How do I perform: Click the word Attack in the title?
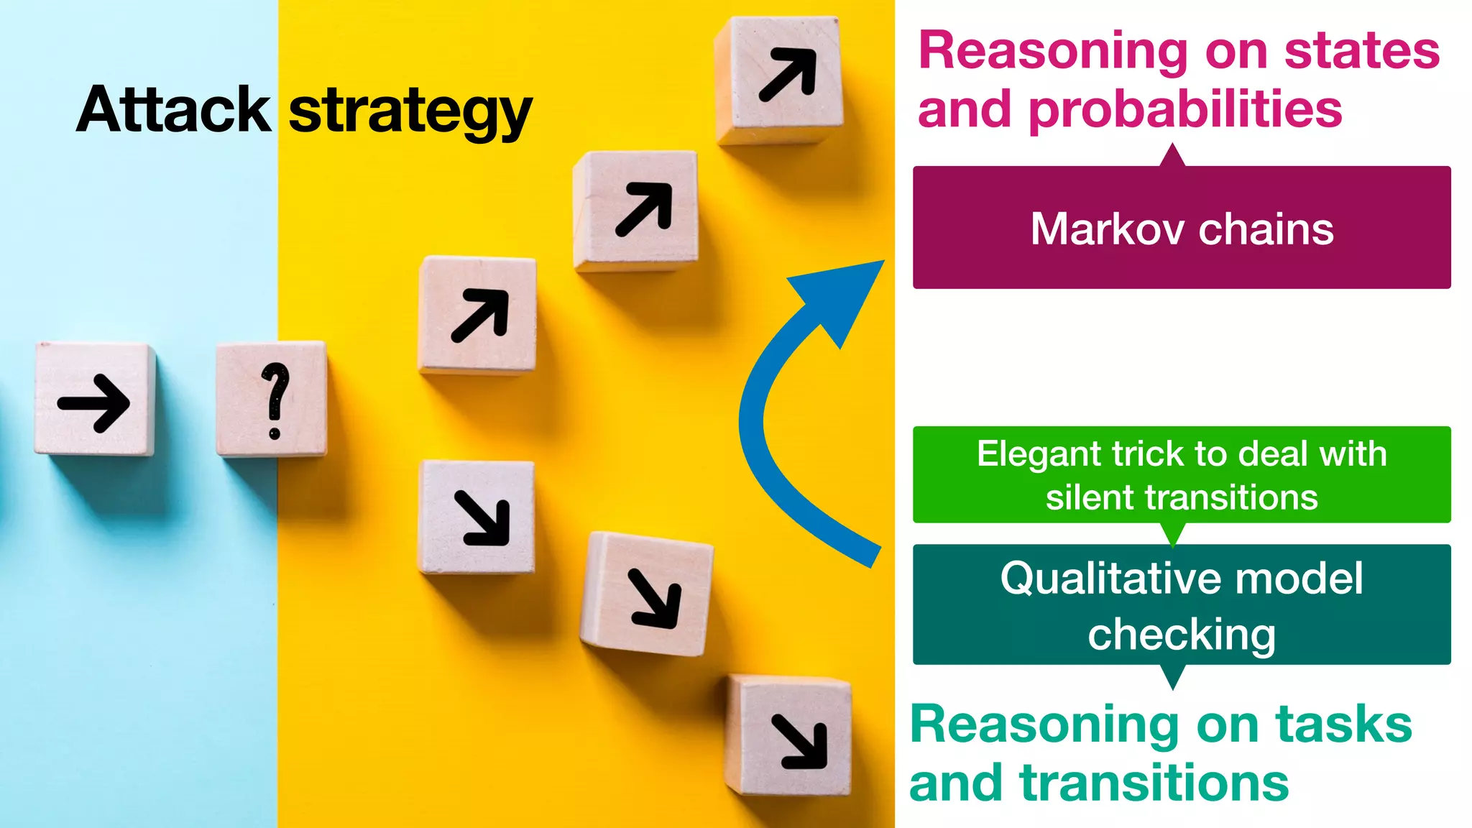click(x=173, y=110)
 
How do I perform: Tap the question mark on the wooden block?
click(x=275, y=400)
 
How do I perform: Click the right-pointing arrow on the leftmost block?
click(x=94, y=402)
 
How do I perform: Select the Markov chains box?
click(x=1181, y=227)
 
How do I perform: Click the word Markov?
click(x=1107, y=229)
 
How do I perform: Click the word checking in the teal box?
click(x=1181, y=635)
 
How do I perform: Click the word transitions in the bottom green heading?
click(x=1154, y=783)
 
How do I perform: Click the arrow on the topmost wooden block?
click(x=788, y=74)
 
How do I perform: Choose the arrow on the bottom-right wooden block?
click(x=799, y=742)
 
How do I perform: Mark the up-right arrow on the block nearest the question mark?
click(x=479, y=316)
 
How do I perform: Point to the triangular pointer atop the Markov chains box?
click(x=1172, y=156)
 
